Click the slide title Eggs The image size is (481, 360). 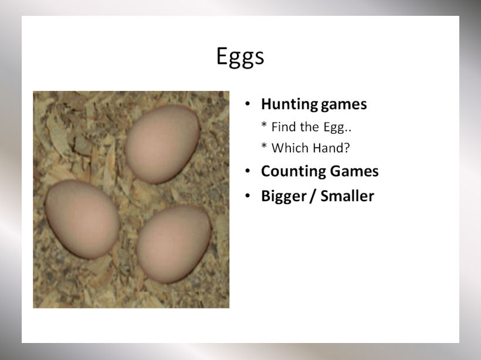(x=240, y=57)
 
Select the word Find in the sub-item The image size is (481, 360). (x=283, y=127)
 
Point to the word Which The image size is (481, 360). (x=290, y=148)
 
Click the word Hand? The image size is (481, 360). (x=330, y=148)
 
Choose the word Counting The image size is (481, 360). (x=293, y=172)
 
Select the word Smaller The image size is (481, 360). (x=347, y=196)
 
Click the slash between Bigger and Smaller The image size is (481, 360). (x=313, y=196)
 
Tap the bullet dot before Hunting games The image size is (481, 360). (x=248, y=104)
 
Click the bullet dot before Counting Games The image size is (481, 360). (x=248, y=171)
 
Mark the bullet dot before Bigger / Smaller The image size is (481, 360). (x=248, y=196)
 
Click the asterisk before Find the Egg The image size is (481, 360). (x=264, y=124)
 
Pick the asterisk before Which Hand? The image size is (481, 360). (x=264, y=145)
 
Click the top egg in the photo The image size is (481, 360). (x=162, y=144)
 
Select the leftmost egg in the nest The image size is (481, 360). (x=83, y=219)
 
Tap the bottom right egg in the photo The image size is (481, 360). (x=174, y=244)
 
